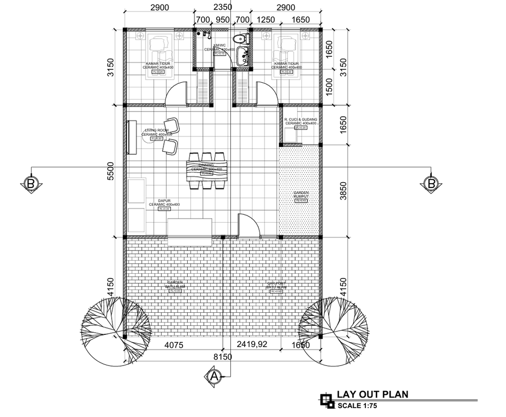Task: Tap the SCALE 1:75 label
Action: pos(358,405)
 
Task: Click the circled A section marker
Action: pos(214,376)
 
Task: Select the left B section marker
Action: pos(31,184)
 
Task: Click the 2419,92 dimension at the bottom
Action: pos(252,345)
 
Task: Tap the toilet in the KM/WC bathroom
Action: pos(242,39)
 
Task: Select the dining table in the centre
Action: pos(207,171)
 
